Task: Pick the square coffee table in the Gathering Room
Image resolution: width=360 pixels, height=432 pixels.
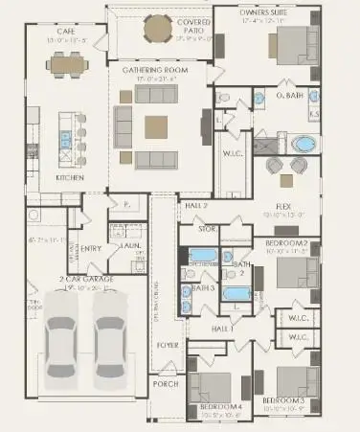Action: tap(158, 125)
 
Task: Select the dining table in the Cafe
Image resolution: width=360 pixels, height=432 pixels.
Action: tap(67, 64)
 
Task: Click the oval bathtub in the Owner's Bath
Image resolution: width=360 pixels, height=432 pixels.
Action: tap(304, 146)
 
